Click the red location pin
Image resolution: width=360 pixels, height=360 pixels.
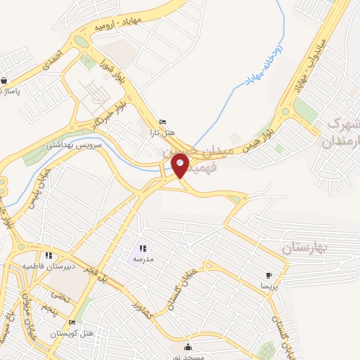coord(181,165)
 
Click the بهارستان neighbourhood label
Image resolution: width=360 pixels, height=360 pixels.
coord(305,248)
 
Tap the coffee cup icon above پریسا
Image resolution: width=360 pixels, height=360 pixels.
coord(269,275)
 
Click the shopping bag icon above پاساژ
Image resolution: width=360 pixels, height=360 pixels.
coord(5,81)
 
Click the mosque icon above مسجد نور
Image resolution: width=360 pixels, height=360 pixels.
coord(188,347)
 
